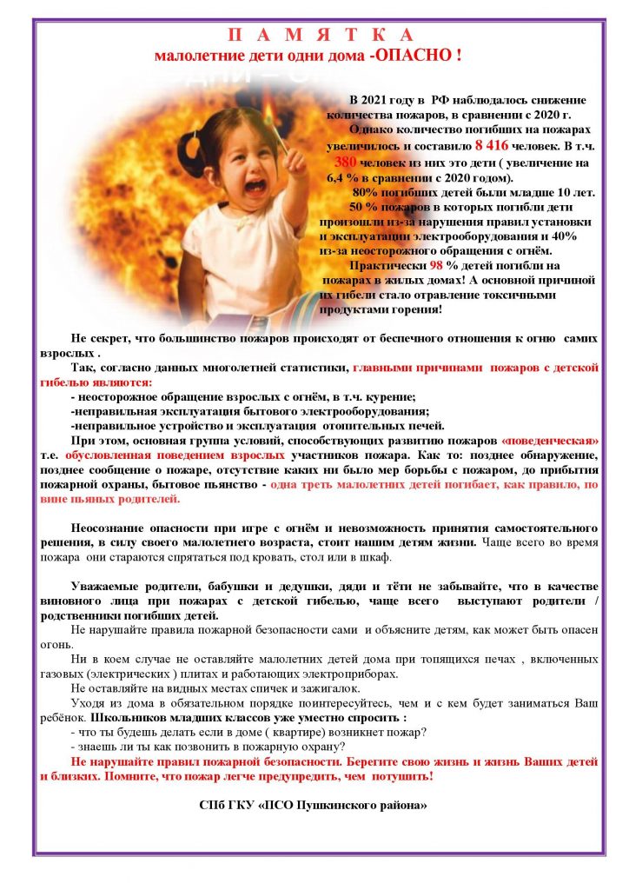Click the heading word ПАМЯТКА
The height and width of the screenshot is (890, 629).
coord(321,36)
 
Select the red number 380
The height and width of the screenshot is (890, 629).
coord(346,163)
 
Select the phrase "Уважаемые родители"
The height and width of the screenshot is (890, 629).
coord(127,588)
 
